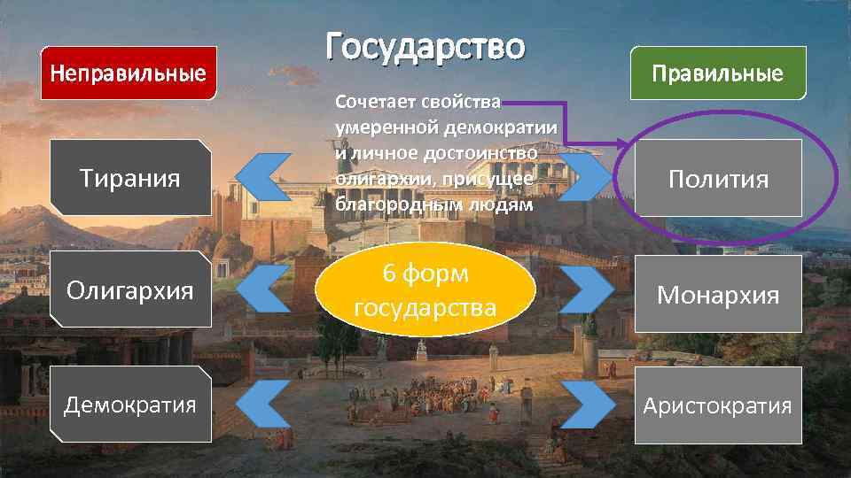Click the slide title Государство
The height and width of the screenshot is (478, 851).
[x=425, y=46]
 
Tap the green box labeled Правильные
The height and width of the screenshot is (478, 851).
[x=718, y=73]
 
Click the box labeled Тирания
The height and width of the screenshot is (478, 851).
[x=130, y=178]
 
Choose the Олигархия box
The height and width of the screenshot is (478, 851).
[x=130, y=289]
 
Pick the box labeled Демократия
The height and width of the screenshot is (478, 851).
[x=130, y=405]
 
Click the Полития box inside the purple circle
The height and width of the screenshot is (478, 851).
[x=718, y=180]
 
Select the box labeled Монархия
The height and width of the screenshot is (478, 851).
[x=718, y=294]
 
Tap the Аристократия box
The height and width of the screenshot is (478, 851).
[x=718, y=405]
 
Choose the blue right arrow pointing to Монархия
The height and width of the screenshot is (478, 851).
[x=586, y=289]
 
